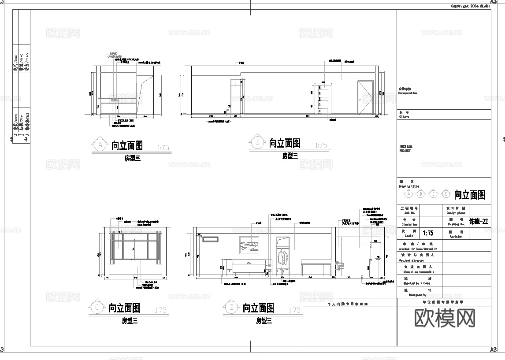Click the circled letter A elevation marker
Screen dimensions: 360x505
coord(100,145)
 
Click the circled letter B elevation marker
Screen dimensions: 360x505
coord(257,142)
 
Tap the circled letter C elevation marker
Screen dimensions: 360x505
coord(97,308)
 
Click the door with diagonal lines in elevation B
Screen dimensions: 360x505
coord(365,97)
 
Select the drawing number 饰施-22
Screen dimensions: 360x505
coord(479,222)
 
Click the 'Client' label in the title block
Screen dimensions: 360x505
coord(404,117)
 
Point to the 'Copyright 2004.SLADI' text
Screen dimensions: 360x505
coord(470,6)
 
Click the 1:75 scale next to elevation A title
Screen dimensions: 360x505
coord(162,148)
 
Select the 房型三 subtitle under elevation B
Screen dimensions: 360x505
coord(290,156)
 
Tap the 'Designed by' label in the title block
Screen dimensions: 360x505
coord(417,295)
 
